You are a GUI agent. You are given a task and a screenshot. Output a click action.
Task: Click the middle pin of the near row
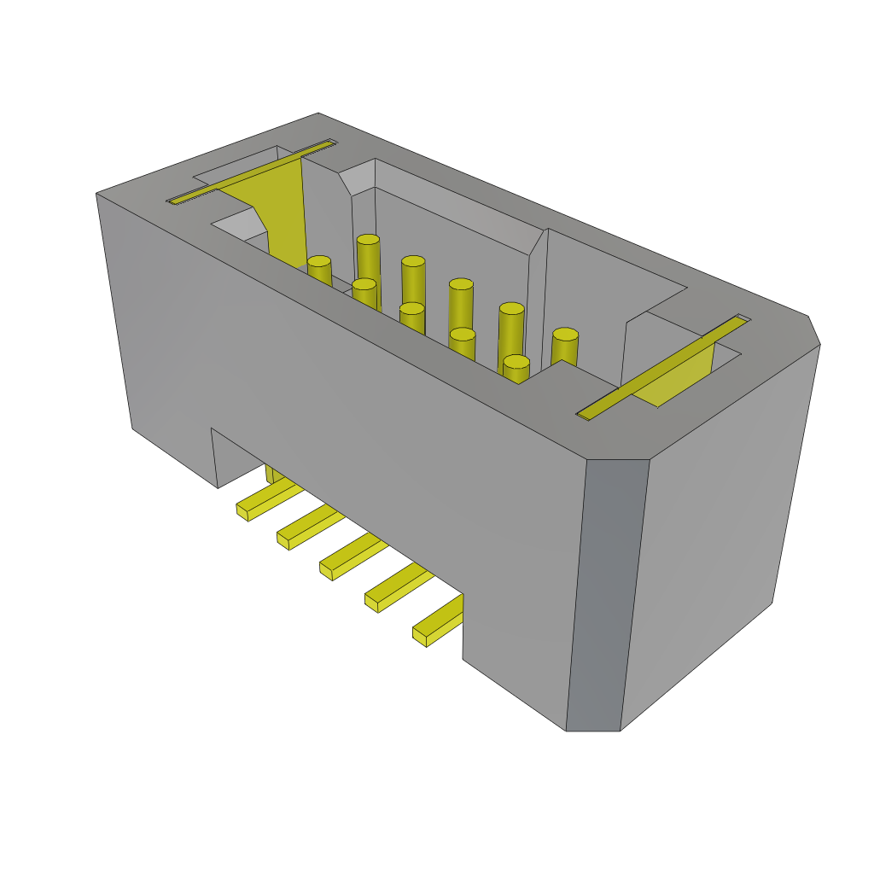tap(412, 318)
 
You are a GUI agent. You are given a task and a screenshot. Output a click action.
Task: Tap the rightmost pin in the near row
tap(516, 370)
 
